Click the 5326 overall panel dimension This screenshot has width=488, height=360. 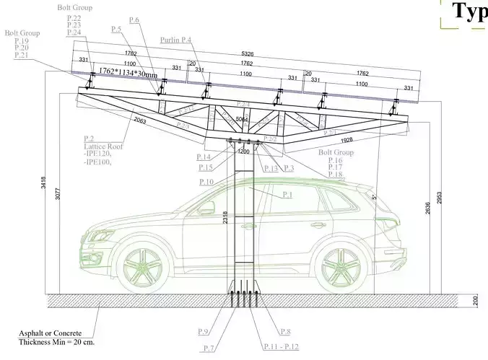[x=247, y=53]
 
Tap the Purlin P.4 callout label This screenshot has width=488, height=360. [x=177, y=41]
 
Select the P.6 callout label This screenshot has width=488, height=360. [x=134, y=20]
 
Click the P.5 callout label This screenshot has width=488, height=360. [x=116, y=29]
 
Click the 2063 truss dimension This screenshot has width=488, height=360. [x=141, y=121]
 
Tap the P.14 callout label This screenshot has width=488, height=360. [x=204, y=157]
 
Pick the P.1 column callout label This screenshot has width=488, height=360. [x=287, y=195]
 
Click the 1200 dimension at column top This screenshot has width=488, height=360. [x=243, y=152]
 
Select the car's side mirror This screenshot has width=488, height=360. [x=207, y=207]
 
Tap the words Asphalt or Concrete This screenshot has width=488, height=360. [x=53, y=334]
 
